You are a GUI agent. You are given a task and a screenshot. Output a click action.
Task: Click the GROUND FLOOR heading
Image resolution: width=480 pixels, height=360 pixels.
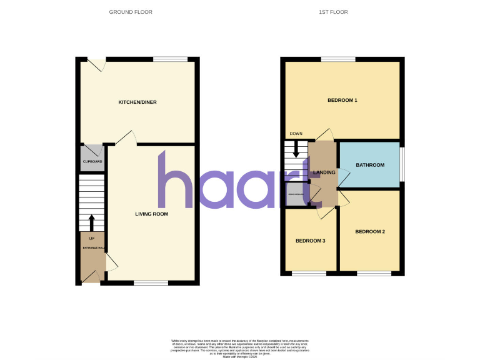point(131,12)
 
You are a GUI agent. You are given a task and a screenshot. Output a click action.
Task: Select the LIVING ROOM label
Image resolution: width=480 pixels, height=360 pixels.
point(152,214)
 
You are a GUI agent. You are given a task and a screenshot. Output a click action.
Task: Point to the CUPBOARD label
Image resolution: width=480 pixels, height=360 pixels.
point(92,162)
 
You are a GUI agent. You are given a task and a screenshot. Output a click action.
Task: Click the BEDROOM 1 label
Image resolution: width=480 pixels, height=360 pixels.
point(342,100)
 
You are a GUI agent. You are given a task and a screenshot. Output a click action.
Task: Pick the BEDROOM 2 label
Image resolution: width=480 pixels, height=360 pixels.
point(370,232)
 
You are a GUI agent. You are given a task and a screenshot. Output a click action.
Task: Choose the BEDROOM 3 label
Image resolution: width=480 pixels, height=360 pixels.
point(310,241)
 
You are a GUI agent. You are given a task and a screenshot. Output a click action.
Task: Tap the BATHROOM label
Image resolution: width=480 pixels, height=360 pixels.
point(369,165)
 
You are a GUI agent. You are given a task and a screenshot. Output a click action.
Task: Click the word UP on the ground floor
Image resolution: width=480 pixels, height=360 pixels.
point(92,238)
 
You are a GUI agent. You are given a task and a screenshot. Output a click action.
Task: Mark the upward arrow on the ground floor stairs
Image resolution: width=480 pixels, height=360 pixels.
point(92,222)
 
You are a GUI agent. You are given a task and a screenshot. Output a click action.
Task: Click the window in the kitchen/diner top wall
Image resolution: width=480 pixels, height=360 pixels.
point(171,59)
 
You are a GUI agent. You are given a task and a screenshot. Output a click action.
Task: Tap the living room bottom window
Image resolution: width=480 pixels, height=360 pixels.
point(151,283)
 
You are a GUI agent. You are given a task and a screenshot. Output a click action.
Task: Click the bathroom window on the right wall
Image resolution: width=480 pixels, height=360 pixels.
point(401,165)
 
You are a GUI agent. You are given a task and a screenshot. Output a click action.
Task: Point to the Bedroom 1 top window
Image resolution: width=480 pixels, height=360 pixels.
point(339,59)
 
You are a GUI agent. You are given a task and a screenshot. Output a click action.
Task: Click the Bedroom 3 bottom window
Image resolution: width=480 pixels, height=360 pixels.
point(309,273)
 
